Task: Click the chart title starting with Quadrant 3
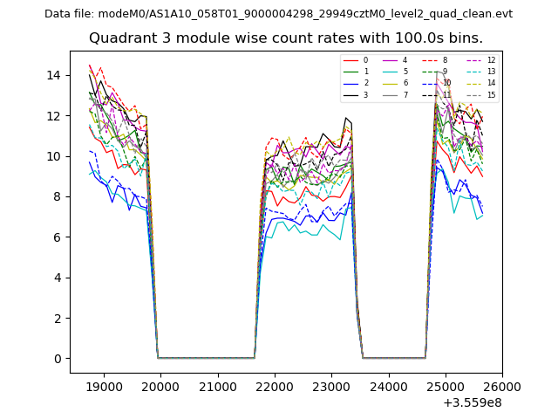(285, 38)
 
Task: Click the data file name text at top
(278, 14)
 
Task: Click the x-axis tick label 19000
(104, 387)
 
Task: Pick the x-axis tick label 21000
(218, 387)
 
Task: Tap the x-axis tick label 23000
(331, 387)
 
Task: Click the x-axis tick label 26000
(502, 387)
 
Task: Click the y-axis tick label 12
(57, 115)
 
